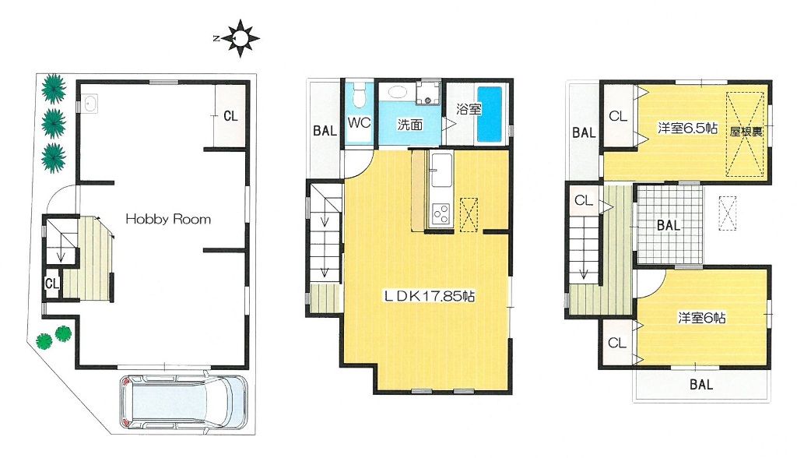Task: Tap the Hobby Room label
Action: (x=168, y=220)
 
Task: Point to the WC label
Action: (x=360, y=122)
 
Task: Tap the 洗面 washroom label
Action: (x=409, y=125)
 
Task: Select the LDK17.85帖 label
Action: (x=429, y=296)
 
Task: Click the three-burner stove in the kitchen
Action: (x=441, y=213)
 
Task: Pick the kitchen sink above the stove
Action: (x=441, y=169)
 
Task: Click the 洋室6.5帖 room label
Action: (x=687, y=128)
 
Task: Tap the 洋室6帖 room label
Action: (x=701, y=318)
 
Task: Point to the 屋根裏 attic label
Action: (x=746, y=132)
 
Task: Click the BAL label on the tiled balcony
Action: (x=669, y=225)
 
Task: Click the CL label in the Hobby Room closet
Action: (x=230, y=116)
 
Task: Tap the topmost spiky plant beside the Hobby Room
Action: (x=54, y=89)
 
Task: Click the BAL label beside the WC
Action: (x=325, y=131)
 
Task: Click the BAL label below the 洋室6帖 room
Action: (x=701, y=385)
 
